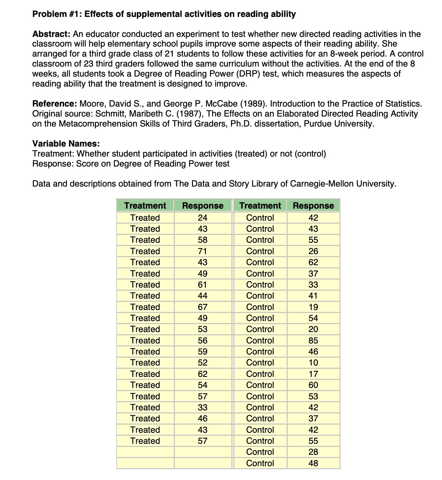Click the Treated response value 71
point(202,251)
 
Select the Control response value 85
point(313,340)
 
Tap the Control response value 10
point(313,363)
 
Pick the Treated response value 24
point(202,218)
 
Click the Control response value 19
point(313,307)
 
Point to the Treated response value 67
point(202,307)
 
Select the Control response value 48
point(313,463)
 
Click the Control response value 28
point(313,452)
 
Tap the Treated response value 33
point(202,407)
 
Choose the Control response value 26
point(313,251)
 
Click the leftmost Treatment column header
point(145,206)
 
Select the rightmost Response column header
point(313,206)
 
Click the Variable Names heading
point(66,143)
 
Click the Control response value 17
point(313,374)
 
